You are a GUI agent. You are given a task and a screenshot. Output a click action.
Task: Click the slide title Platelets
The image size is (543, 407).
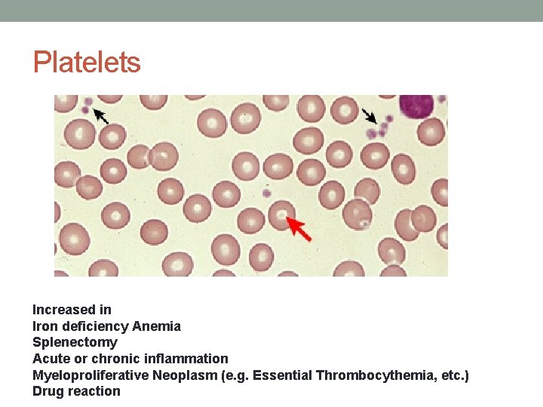point(87,62)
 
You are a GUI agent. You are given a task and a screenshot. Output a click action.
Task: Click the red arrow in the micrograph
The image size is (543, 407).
point(299,229)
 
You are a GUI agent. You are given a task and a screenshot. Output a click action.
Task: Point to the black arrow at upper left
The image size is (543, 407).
point(100,115)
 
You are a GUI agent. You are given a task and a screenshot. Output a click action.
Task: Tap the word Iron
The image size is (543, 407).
point(44,326)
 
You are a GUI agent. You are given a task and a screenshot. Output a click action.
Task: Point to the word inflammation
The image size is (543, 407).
point(184,359)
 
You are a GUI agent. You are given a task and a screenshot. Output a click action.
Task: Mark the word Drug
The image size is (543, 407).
point(48,391)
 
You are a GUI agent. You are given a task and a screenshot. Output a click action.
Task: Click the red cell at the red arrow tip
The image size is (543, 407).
point(281,215)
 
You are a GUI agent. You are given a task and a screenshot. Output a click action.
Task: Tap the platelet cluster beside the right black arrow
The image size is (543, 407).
point(379,129)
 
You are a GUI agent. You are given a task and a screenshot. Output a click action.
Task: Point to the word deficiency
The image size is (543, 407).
point(94,326)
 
